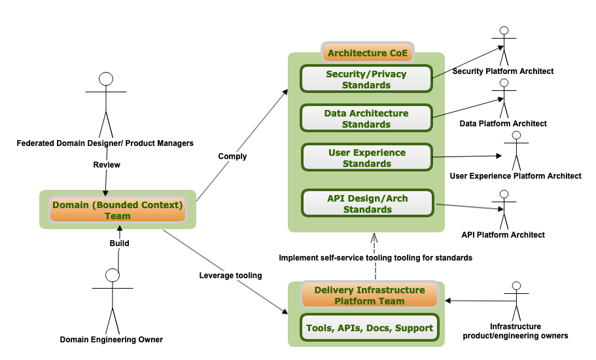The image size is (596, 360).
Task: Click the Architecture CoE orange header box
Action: [366, 53]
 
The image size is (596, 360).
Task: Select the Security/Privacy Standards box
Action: [366, 79]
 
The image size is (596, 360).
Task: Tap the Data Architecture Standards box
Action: [366, 118]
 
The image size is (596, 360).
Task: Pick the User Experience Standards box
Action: [366, 158]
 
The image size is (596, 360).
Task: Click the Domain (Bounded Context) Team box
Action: [118, 210]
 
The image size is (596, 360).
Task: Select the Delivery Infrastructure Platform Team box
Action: [369, 295]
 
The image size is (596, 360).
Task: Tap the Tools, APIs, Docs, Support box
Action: [369, 328]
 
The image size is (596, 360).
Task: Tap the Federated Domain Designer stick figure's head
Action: [106, 79]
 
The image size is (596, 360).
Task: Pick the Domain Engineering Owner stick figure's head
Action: [113, 276]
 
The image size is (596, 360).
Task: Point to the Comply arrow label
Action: [232, 156]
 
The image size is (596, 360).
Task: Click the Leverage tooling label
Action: [230, 276]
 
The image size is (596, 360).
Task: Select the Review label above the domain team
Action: [107, 165]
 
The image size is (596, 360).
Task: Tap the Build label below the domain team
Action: [119, 243]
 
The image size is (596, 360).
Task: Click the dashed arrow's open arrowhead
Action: [374, 237]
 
